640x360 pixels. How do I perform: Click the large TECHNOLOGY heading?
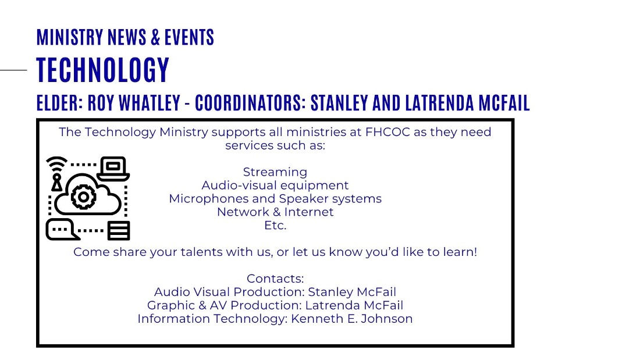click(x=103, y=70)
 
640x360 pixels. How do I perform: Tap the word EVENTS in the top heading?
click(x=190, y=37)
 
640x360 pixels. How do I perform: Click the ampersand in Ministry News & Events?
click(x=155, y=37)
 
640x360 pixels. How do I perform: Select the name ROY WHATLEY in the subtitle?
click(x=134, y=103)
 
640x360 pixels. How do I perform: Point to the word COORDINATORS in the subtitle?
click(x=250, y=103)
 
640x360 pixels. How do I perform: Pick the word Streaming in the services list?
click(x=275, y=172)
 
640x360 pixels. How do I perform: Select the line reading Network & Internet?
click(x=275, y=212)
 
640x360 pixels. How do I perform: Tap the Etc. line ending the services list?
click(x=275, y=225)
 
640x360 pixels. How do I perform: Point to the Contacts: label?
click(x=275, y=279)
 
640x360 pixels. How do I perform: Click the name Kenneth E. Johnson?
click(x=351, y=318)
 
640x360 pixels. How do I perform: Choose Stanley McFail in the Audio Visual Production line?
click(x=352, y=292)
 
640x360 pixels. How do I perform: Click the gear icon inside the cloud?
click(x=84, y=197)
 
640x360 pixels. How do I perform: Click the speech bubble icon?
click(x=62, y=229)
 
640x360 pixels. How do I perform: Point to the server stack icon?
click(x=119, y=231)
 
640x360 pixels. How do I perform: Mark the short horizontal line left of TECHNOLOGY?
click(x=13, y=70)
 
